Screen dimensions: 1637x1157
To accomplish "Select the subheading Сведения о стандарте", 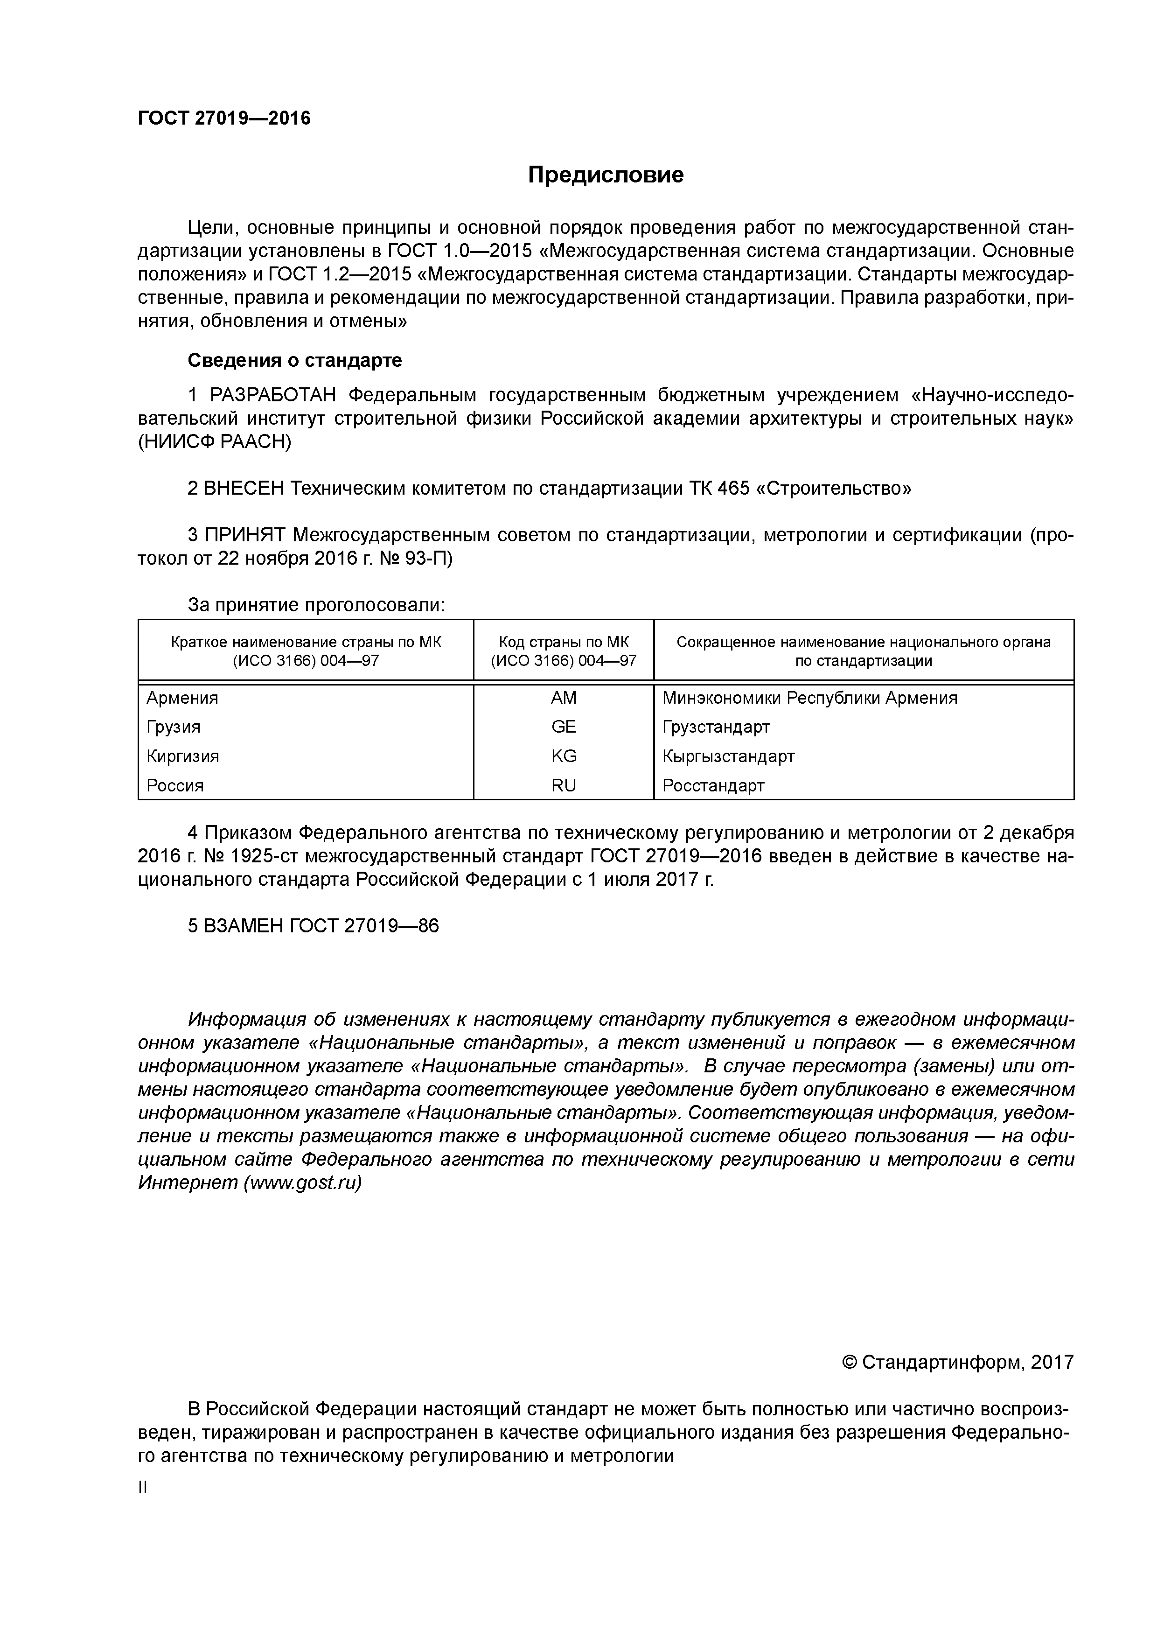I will (x=294, y=361).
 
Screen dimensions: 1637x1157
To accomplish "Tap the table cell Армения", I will (x=182, y=698).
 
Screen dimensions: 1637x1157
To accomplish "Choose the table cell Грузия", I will (x=173, y=727).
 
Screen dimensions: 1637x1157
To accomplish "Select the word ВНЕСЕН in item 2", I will (x=244, y=489).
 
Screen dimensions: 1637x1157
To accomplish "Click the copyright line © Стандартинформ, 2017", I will (x=957, y=1363).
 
